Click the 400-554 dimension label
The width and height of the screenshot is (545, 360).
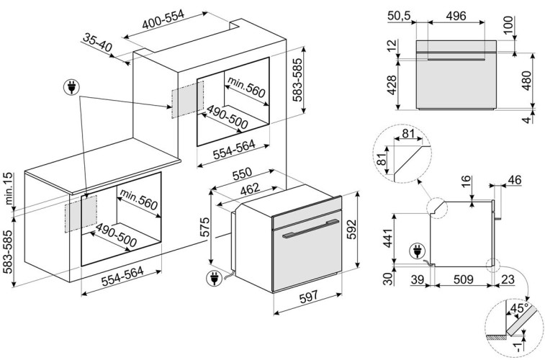point(163,19)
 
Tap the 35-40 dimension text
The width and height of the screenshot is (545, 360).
point(98,42)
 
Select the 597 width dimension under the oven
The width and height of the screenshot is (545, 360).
point(309,296)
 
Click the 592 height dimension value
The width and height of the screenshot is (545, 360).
point(352,230)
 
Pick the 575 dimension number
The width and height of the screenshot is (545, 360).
point(205,228)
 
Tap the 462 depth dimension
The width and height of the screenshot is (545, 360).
point(251,189)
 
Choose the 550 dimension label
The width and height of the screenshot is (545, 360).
point(242,174)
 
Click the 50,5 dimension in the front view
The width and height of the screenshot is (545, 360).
point(399,16)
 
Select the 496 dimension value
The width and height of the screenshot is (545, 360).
point(456,16)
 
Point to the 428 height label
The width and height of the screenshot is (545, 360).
point(392,85)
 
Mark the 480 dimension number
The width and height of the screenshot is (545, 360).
point(527,81)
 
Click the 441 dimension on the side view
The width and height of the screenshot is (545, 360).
point(387,236)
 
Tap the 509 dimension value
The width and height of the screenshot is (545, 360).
point(464,279)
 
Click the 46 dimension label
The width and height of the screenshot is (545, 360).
point(515,180)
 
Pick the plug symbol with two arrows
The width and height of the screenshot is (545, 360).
point(71,87)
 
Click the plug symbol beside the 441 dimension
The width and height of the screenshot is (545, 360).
point(416,251)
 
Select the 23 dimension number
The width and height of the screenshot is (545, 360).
point(508,279)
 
